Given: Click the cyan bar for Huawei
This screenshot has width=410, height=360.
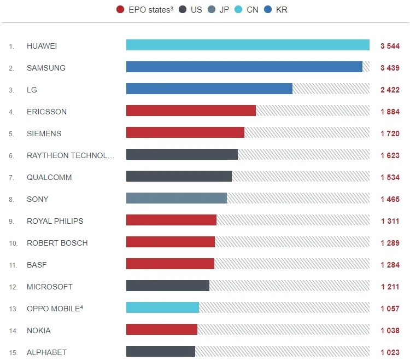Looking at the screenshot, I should [x=248, y=45].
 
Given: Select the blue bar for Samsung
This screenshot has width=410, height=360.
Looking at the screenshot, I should [x=244, y=67].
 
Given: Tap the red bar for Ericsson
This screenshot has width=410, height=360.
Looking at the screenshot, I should [x=191, y=111].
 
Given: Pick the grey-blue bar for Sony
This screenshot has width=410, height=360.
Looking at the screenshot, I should [x=176, y=198].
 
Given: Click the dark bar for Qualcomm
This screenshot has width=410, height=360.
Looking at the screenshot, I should [x=179, y=176].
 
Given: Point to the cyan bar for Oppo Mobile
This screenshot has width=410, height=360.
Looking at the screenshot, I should [x=162, y=307].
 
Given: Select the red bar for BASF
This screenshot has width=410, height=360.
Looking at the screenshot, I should [x=170, y=264].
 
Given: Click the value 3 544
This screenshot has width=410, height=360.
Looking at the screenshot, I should [x=390, y=46].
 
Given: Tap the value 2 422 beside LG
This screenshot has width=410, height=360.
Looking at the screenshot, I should [x=390, y=90].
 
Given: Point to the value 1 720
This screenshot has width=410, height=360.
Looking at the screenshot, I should [x=390, y=133].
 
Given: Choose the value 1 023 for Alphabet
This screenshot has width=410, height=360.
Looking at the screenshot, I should [x=390, y=352].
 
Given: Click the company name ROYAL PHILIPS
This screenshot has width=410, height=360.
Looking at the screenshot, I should [x=55, y=221].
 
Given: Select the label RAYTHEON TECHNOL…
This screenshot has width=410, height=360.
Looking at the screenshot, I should [x=71, y=155].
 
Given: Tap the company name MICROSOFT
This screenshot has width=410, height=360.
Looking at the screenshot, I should [x=49, y=287].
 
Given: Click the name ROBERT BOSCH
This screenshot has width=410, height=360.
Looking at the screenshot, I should [x=57, y=243].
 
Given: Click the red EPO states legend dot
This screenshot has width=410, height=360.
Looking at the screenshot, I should [x=120, y=10].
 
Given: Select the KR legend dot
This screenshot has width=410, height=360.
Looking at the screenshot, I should [x=267, y=10].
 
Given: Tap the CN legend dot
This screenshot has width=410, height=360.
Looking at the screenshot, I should [x=239, y=10].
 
